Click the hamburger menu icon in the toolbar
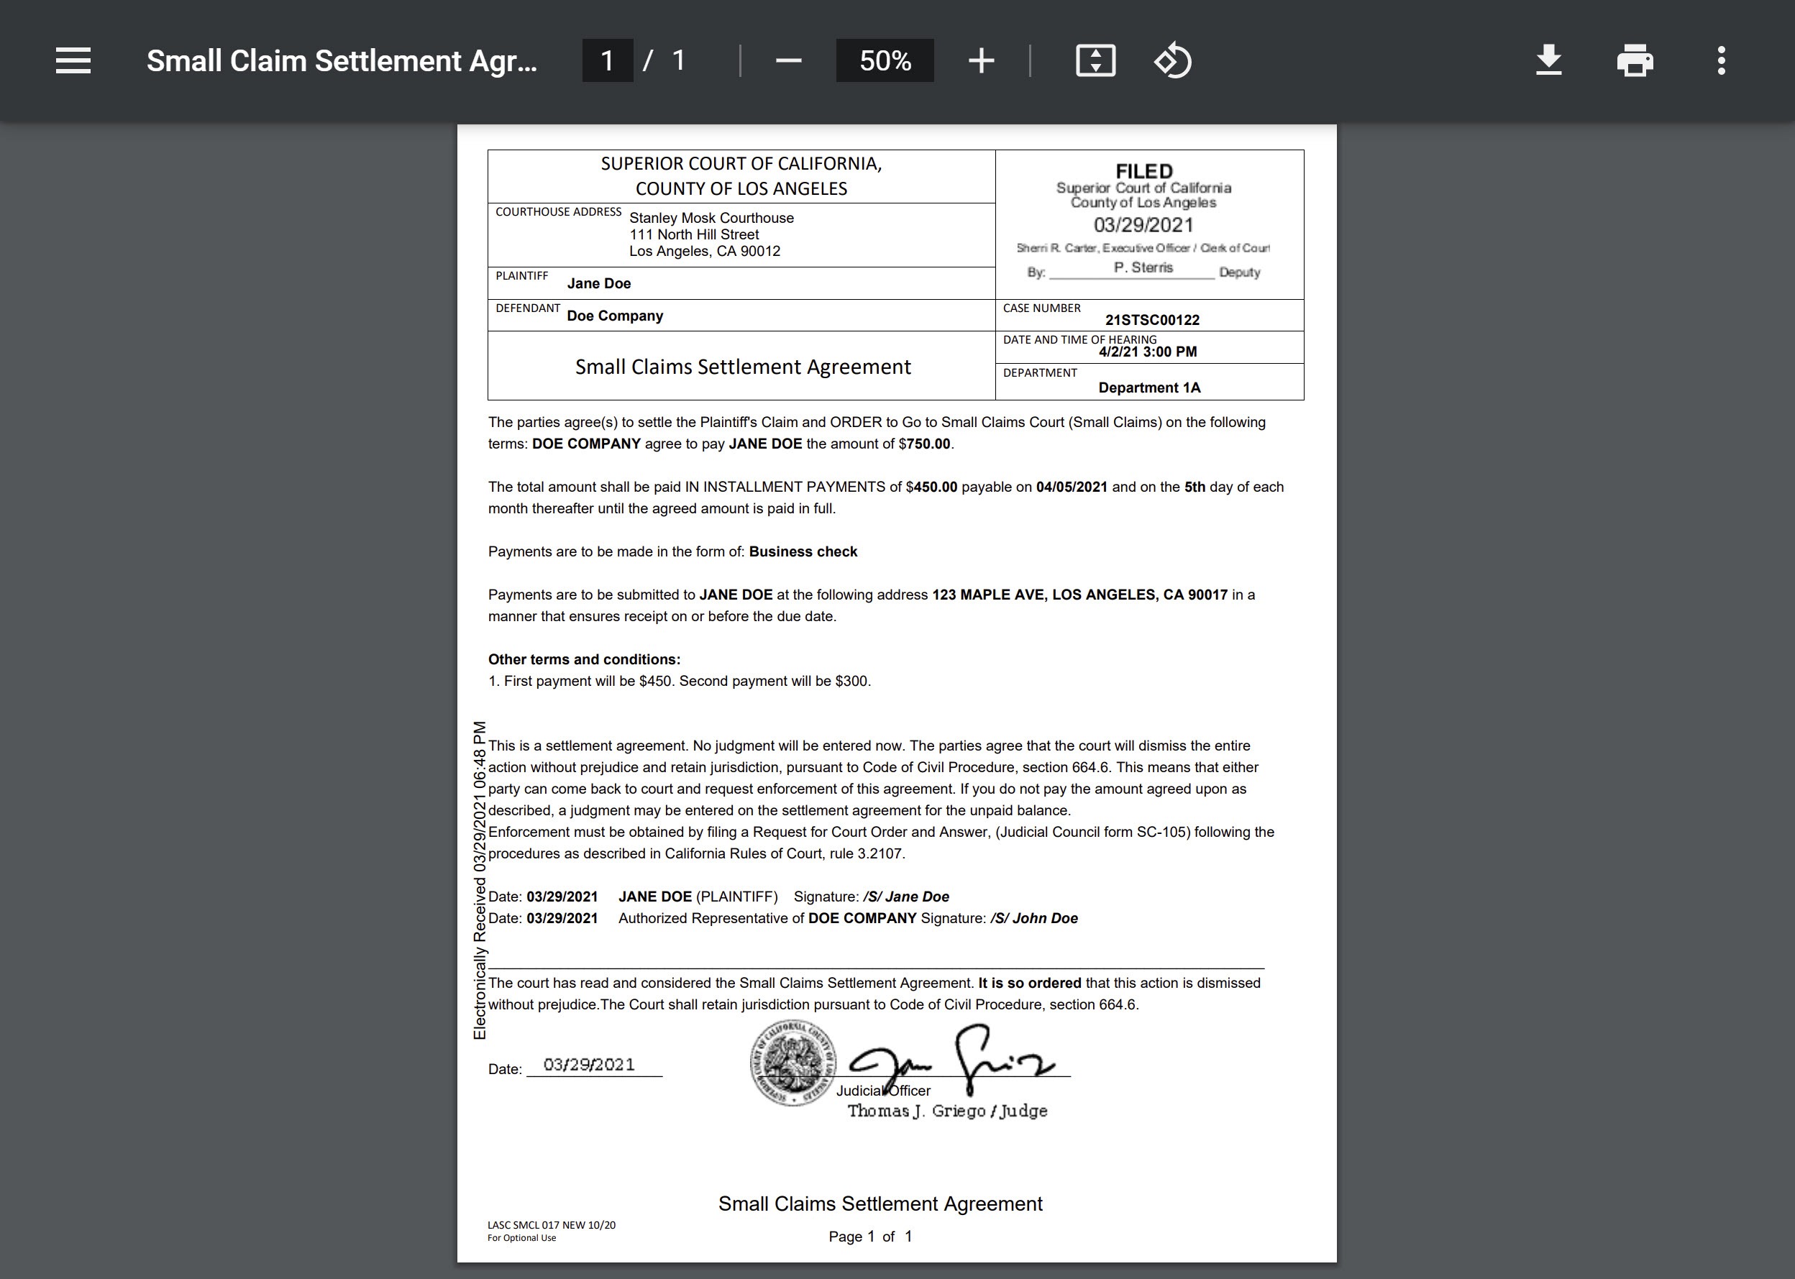[x=73, y=60]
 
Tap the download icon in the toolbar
[x=1548, y=60]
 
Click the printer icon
[x=1635, y=60]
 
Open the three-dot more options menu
[x=1721, y=60]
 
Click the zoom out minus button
[x=788, y=60]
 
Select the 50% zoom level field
[x=885, y=60]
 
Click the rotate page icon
[x=1173, y=60]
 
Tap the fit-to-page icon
[x=1095, y=60]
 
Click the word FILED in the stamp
[x=1143, y=171]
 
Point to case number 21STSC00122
[x=1151, y=320]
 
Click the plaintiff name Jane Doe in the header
[x=598, y=283]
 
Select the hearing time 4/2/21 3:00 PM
[x=1148, y=352]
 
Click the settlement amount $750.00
[x=928, y=444]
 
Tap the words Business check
[x=803, y=552]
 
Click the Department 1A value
[x=1149, y=388]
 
